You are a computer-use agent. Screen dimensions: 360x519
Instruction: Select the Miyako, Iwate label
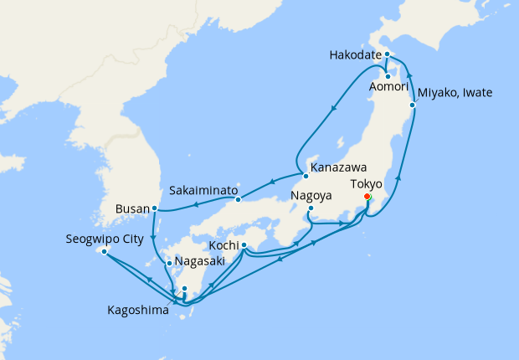pos(455,93)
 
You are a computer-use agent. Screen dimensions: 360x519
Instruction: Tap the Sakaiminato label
pos(199,190)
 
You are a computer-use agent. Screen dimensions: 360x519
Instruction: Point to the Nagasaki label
pos(201,262)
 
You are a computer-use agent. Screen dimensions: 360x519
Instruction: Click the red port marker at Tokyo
pos(367,197)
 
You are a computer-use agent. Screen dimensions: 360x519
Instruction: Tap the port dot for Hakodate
pos(388,54)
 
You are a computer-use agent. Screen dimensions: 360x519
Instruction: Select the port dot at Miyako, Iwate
pos(413,105)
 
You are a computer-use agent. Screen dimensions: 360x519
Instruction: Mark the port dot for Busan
pos(155,208)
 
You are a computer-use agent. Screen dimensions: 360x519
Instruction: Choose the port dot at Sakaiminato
pos(239,198)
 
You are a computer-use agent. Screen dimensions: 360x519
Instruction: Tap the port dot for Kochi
pos(244,246)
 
